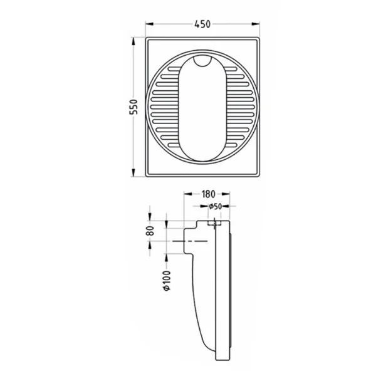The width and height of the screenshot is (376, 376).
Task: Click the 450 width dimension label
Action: pyautogui.click(x=202, y=24)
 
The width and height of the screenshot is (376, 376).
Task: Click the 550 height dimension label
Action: pyautogui.click(x=134, y=107)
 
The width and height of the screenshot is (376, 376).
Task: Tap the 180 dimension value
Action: pyautogui.click(x=208, y=194)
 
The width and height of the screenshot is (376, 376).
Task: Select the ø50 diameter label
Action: pyautogui.click(x=215, y=206)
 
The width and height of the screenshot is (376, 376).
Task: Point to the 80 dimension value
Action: pyautogui.click(x=150, y=231)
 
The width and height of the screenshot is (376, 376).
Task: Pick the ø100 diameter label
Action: pyautogui.click(x=167, y=281)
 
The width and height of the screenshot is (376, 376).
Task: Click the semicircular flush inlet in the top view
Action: pyautogui.click(x=202, y=61)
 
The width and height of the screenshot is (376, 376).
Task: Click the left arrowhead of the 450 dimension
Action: pyautogui.click(x=149, y=24)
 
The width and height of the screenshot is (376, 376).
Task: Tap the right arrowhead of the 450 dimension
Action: pyautogui.click(x=256, y=24)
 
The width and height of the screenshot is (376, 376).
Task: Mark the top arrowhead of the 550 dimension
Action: pyautogui.click(x=133, y=41)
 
